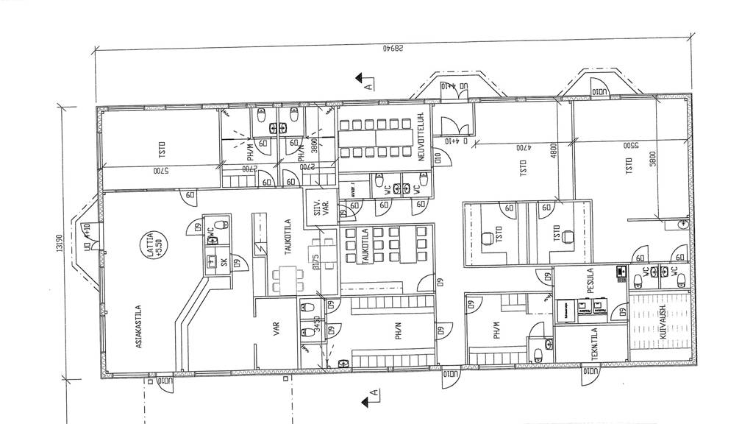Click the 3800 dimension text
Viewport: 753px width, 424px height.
[314, 146]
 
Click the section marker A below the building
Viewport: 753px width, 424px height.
[373, 400]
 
